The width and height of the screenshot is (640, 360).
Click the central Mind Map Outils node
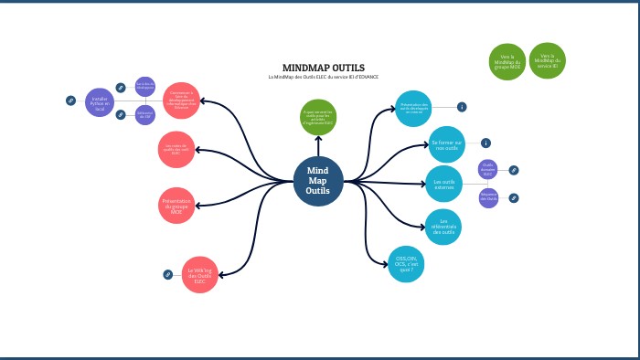(x=318, y=181)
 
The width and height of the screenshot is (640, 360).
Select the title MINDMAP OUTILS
(x=324, y=68)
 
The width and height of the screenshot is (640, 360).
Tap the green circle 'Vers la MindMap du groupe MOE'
(x=507, y=61)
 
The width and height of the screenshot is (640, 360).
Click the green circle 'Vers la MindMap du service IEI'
(x=547, y=60)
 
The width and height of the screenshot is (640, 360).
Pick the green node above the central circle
(x=319, y=116)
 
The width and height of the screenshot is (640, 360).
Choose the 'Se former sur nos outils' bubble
(x=447, y=143)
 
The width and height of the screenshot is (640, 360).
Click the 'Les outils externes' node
(x=443, y=183)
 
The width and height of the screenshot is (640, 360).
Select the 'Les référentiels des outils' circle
(x=443, y=226)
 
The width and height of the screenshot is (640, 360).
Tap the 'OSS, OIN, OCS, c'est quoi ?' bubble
(x=406, y=264)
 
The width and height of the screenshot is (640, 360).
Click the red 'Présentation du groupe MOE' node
(x=176, y=206)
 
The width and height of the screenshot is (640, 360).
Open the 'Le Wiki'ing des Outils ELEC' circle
(x=199, y=273)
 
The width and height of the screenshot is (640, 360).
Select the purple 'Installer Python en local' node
(x=100, y=102)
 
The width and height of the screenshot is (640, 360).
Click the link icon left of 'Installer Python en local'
(x=70, y=101)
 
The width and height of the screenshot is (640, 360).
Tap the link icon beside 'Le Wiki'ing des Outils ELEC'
(x=167, y=274)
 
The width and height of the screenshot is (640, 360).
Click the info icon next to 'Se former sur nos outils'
(x=485, y=143)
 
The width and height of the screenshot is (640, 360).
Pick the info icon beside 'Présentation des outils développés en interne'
(x=462, y=107)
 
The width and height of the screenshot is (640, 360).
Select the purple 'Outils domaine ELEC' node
(x=487, y=169)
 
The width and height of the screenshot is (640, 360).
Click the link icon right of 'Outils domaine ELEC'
(x=514, y=170)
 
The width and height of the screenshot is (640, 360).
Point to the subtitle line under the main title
(x=324, y=77)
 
